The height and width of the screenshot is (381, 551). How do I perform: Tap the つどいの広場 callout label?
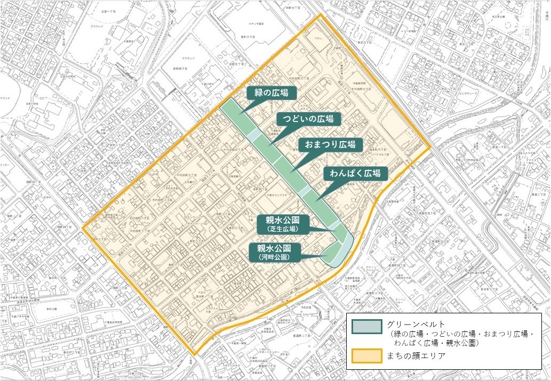pos(308,118)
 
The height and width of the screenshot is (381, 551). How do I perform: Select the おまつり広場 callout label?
pos(331,144)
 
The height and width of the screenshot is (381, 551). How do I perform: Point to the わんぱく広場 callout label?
pos(354,173)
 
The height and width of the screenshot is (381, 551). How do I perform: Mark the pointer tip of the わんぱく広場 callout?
pos(316,200)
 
